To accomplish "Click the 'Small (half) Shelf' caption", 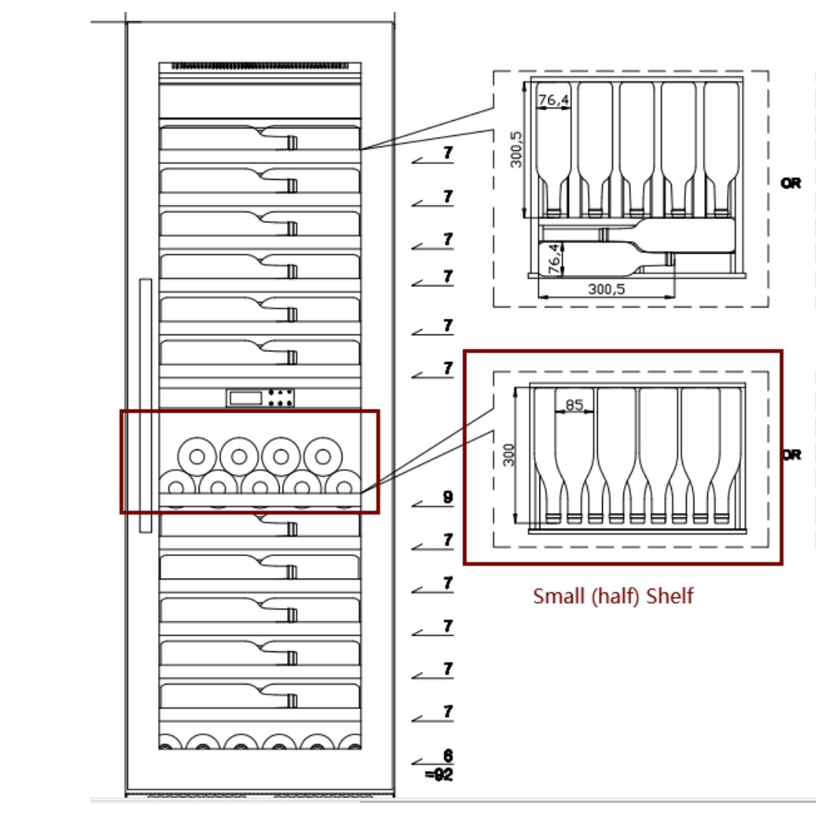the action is click(613, 596).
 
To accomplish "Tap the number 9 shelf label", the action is click(448, 497).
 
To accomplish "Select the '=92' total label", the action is click(439, 774).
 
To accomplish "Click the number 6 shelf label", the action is click(448, 755).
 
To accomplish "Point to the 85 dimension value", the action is click(574, 404).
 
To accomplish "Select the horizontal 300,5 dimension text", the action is click(606, 289).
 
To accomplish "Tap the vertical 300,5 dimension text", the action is click(516, 150).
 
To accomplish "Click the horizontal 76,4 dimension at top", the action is click(554, 100).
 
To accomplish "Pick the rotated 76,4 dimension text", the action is click(555, 258).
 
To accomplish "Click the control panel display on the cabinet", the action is click(260, 398).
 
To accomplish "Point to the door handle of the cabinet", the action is click(146, 406).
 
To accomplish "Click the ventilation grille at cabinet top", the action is click(260, 66).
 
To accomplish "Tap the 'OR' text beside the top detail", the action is click(790, 183).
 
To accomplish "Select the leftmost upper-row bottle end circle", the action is click(196, 456).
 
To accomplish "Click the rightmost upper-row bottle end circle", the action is click(323, 456).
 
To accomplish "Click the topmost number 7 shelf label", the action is click(448, 153).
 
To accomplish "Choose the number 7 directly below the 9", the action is click(448, 539).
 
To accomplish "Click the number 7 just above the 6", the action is click(448, 712).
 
